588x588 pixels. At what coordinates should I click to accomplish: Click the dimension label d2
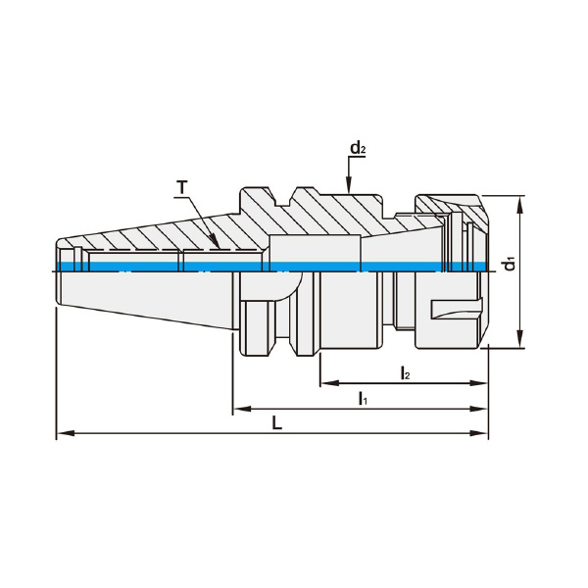(x=358, y=148)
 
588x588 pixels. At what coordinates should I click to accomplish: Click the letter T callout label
(x=182, y=187)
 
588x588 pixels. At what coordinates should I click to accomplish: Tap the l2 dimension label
(x=405, y=373)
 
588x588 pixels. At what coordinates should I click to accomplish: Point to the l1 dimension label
(x=363, y=398)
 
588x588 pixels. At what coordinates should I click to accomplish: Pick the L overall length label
(x=276, y=423)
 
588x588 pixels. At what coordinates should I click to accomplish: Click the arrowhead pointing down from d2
(x=349, y=185)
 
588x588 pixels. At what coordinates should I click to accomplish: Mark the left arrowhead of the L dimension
(x=65, y=433)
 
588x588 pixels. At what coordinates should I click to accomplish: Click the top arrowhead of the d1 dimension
(x=519, y=205)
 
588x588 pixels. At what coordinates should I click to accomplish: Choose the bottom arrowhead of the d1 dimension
(x=519, y=339)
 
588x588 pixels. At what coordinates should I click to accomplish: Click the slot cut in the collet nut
(x=456, y=310)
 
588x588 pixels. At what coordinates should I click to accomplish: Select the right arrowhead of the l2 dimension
(x=479, y=383)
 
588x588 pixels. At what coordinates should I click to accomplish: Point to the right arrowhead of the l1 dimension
(x=479, y=409)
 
